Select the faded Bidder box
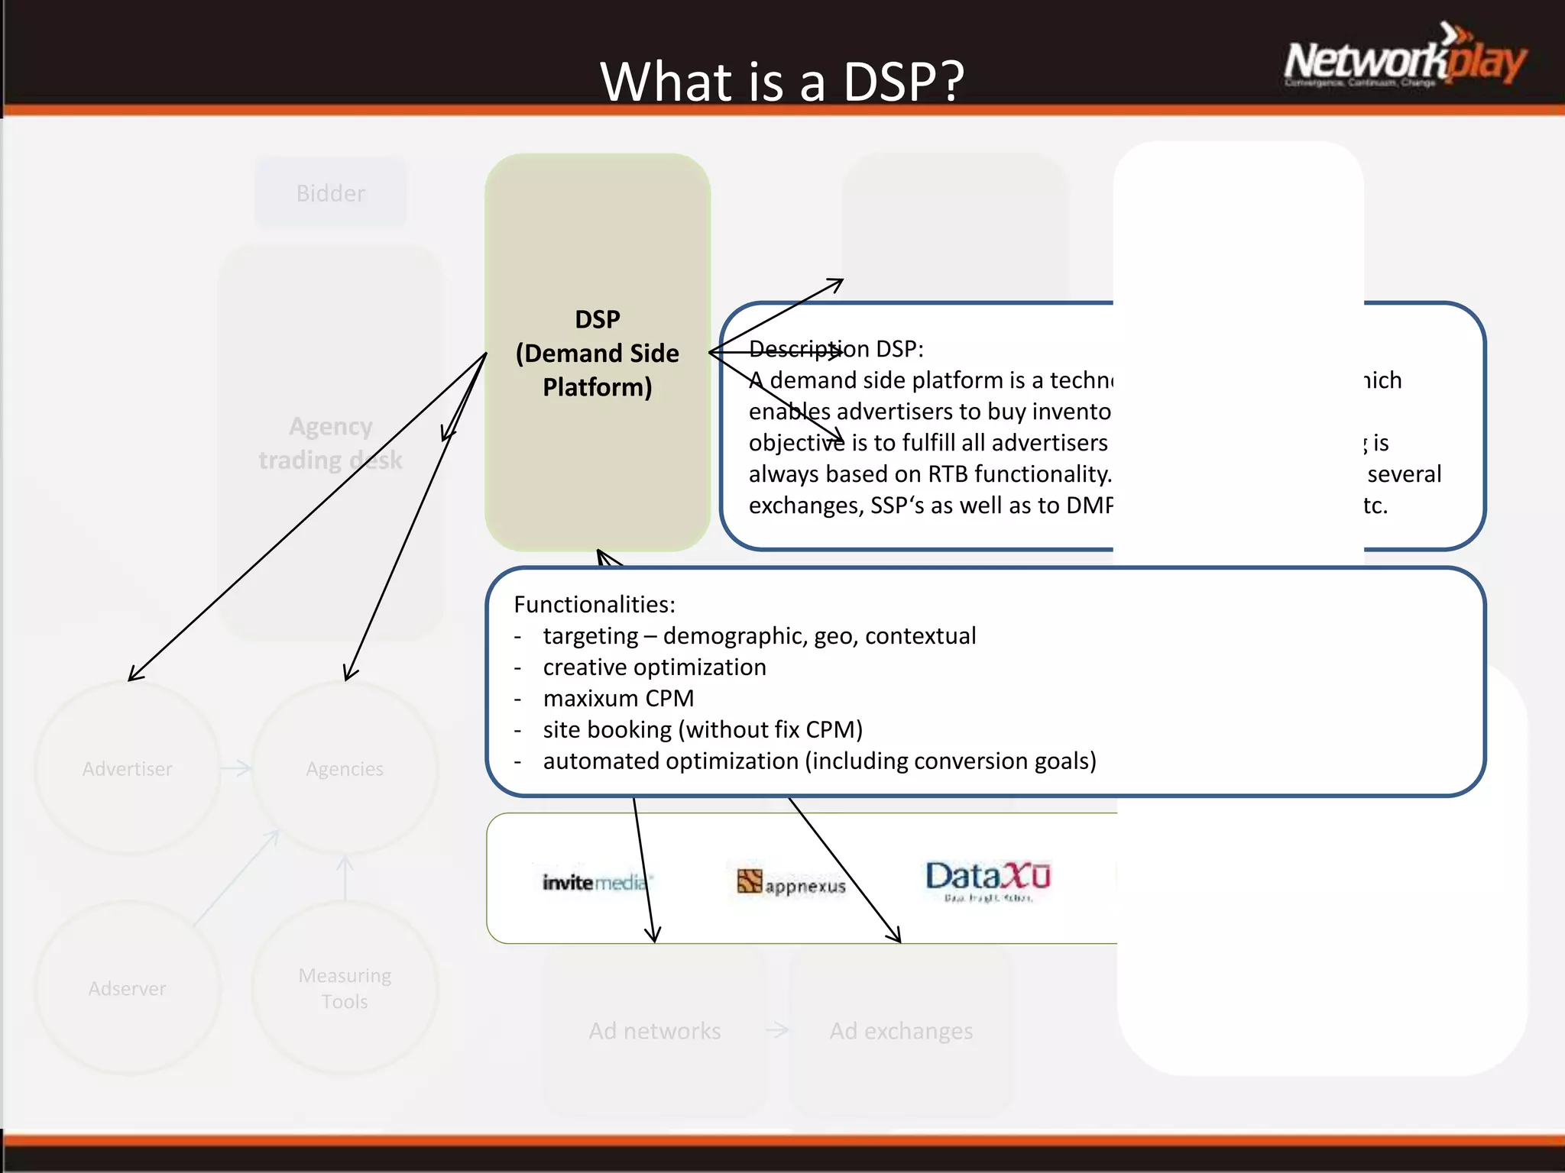(331, 193)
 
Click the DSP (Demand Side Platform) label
(597, 353)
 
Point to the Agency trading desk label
(330, 443)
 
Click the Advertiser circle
(128, 768)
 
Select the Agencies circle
(345, 768)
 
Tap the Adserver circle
(128, 988)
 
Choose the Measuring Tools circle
(345, 988)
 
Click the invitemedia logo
(595, 883)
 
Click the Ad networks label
(655, 1031)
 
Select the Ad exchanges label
(901, 1031)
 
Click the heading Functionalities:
(595, 604)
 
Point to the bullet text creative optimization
(654, 667)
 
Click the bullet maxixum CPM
(618, 698)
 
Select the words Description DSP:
(836, 349)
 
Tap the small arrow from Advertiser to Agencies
(235, 768)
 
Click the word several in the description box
(1404, 474)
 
